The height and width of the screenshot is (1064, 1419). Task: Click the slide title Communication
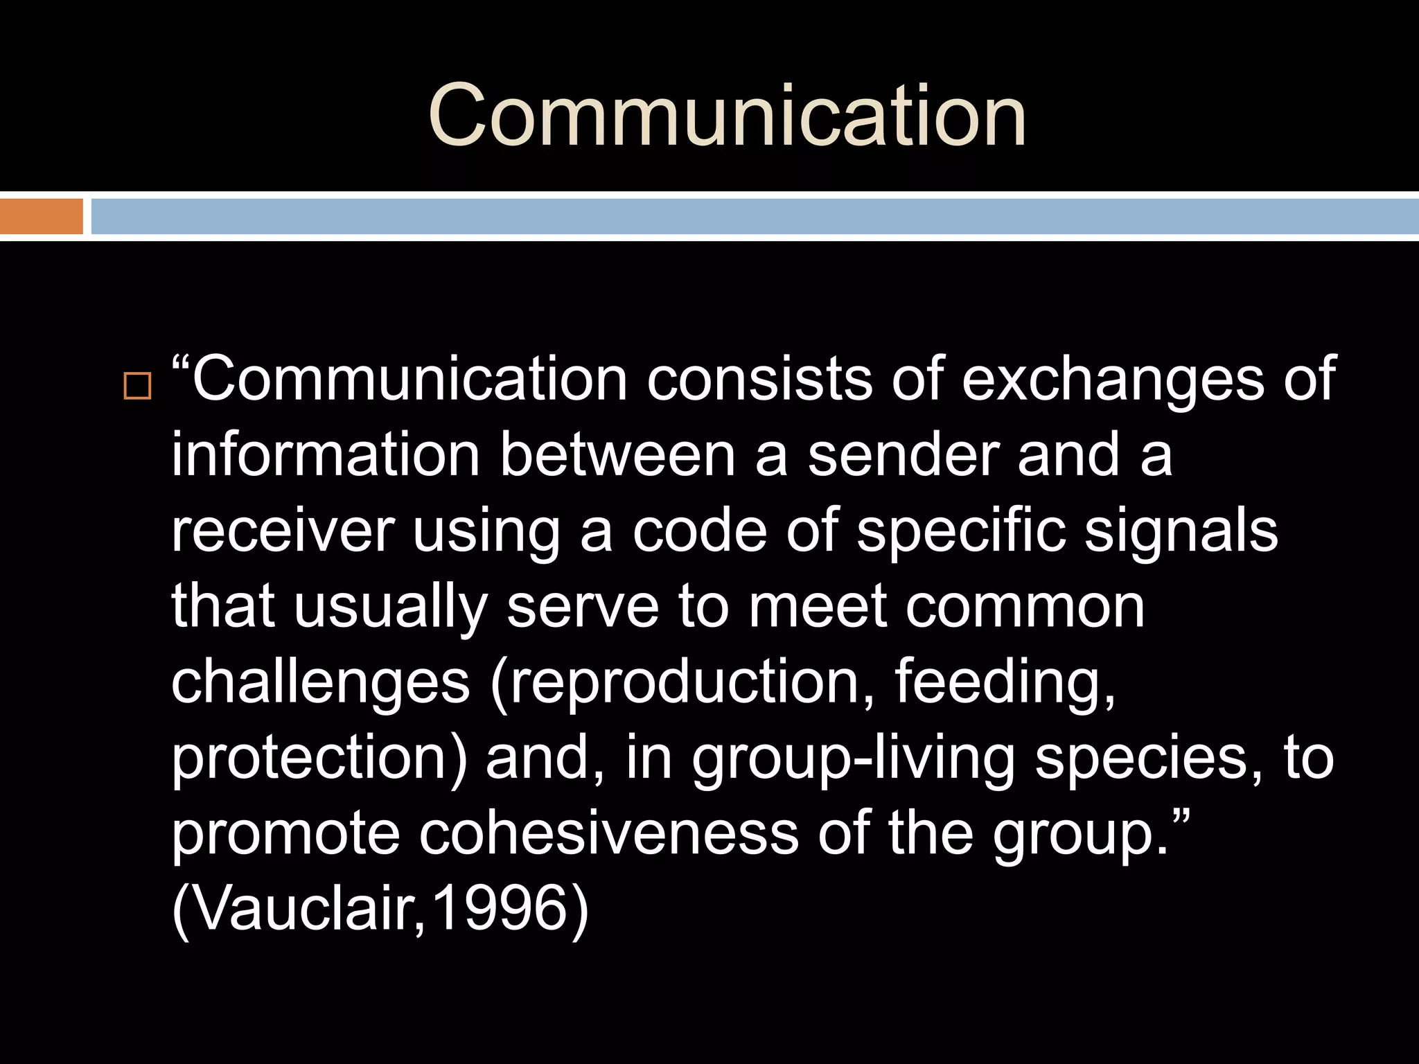[727, 115]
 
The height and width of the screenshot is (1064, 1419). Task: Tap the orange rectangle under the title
[41, 216]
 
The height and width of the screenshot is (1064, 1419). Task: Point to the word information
[326, 454]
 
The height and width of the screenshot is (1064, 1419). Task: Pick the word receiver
[282, 531]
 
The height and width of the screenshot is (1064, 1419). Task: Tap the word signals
[1181, 531]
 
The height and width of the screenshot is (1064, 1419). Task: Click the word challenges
[320, 683]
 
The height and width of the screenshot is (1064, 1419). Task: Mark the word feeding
[1005, 683]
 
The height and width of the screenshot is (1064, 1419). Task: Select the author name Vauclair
[298, 908]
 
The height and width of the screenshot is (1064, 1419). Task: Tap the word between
[617, 454]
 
